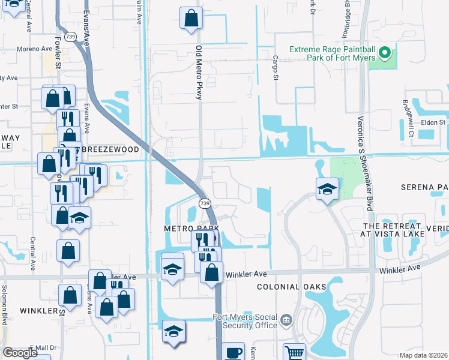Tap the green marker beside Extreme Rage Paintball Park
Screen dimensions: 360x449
tap(386, 53)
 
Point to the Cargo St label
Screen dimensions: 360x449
tap(276, 68)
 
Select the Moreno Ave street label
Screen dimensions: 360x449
tap(35, 49)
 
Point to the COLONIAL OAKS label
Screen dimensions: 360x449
tap(291, 287)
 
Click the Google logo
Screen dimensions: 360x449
tap(20, 353)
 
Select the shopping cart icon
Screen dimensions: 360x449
tap(294, 352)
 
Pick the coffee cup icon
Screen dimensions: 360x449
tap(234, 353)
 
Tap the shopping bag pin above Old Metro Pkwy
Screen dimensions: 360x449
tap(191, 19)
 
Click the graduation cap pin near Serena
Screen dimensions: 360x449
tap(327, 189)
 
